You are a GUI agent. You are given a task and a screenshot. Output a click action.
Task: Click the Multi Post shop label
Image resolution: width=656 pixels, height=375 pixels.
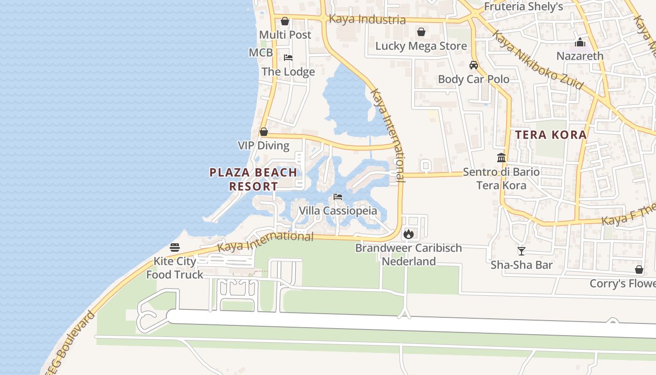285,35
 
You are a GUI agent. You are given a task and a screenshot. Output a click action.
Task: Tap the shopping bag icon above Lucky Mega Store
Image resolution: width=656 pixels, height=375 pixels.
421,32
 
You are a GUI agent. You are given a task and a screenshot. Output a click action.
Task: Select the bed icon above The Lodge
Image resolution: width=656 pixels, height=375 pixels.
288,58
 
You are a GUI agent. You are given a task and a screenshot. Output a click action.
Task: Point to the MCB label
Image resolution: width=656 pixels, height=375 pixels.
261,52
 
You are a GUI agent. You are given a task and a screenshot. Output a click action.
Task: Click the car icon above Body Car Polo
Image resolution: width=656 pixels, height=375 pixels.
473,65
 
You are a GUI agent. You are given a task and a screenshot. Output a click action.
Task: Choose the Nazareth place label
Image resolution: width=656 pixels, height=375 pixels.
580,56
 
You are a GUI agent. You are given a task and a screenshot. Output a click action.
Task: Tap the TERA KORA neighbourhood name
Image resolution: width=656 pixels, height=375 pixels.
551,135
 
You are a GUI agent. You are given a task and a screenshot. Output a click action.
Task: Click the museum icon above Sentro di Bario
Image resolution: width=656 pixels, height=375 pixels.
501,157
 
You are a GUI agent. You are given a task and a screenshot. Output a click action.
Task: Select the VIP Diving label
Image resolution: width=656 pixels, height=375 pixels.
263,145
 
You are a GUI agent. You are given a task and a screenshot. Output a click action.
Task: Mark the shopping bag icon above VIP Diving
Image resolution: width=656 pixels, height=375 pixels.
264,132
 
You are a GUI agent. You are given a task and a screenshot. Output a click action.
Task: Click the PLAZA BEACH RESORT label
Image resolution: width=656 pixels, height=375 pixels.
253,179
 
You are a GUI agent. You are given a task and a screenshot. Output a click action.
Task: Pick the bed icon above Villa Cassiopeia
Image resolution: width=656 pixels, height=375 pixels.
337,197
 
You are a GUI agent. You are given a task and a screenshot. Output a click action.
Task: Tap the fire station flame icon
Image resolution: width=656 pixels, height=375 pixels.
409,233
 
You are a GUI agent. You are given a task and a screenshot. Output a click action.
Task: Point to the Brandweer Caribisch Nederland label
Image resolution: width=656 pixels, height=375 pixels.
409,255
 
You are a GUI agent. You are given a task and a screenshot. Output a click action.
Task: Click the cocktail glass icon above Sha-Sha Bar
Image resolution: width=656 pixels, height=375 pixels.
521,251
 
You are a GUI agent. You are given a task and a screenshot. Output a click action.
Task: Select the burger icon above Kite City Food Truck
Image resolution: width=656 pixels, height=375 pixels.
175,247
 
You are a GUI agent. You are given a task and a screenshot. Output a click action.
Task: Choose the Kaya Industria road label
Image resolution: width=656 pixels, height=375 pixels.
367,20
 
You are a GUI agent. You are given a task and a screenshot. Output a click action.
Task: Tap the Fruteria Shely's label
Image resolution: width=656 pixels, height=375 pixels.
523,7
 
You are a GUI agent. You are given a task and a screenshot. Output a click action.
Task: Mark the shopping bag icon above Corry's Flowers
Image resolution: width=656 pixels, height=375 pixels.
639,270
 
